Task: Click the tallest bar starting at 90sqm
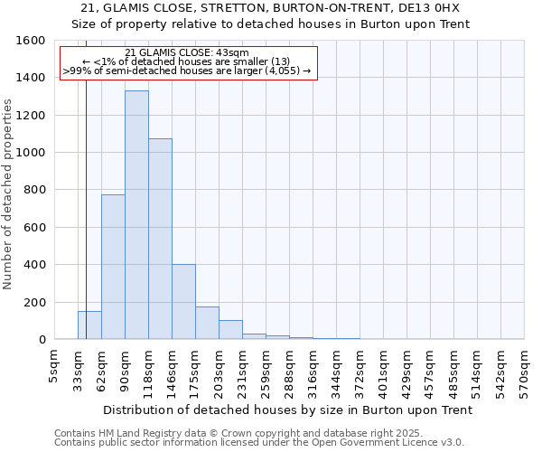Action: [x=136, y=215]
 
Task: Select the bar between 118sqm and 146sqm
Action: [x=160, y=239]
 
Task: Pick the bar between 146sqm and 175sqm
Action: [x=183, y=302]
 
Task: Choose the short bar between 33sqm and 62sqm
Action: [x=89, y=325]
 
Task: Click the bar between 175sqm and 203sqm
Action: [x=207, y=323]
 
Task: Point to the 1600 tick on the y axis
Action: [x=33, y=41]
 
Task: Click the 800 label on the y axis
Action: [x=33, y=190]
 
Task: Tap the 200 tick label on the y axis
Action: [x=33, y=302]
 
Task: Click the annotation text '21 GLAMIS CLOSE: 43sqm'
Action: [x=187, y=53]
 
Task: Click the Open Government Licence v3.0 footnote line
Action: [x=259, y=443]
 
